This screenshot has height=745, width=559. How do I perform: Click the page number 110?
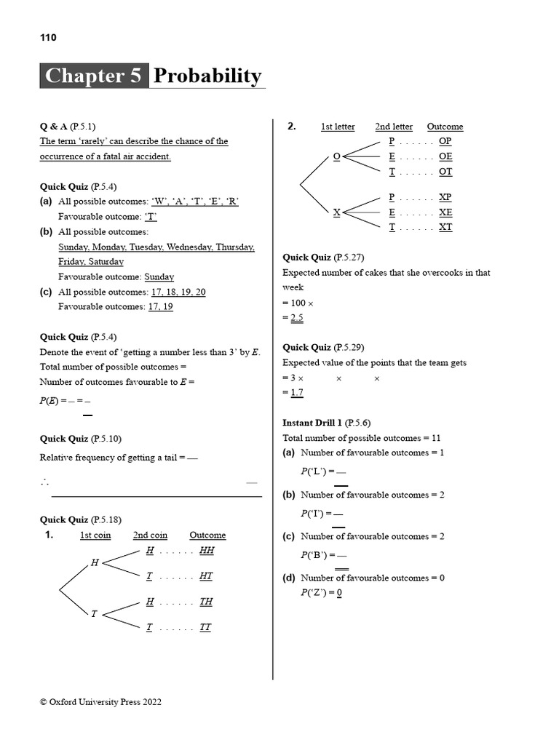coord(48,37)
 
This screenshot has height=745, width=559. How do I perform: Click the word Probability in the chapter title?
coord(207,76)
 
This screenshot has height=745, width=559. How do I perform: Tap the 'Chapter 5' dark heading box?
coord(95,76)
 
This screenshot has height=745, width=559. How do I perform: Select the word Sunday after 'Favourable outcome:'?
coord(159,276)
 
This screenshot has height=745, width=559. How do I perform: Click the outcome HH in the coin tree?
coord(207,551)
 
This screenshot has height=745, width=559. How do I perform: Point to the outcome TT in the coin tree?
coord(205,627)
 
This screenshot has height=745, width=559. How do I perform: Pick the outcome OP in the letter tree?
coord(445,141)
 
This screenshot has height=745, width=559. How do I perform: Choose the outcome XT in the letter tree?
coord(445,227)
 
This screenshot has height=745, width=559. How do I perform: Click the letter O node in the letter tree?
coord(336,156)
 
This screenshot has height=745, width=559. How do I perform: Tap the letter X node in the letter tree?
coord(336,212)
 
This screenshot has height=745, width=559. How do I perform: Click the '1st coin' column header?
coord(95,535)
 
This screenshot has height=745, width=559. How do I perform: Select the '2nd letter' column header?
coord(394,127)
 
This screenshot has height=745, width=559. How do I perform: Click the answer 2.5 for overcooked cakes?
coord(296,318)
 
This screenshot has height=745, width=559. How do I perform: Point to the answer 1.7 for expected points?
coord(296,393)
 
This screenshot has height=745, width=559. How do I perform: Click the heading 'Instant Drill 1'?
coord(312,423)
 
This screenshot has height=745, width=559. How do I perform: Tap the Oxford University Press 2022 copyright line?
coord(100,702)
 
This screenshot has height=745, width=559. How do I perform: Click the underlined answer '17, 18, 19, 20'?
coord(178,292)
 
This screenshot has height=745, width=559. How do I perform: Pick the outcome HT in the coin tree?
coord(206,576)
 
